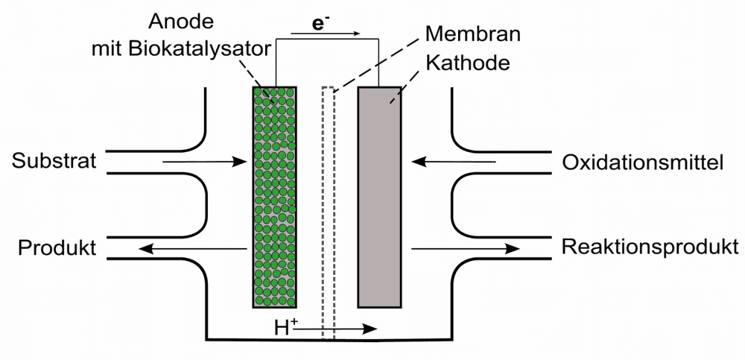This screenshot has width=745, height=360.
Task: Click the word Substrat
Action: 54,161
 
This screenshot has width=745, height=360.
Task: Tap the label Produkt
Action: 57,247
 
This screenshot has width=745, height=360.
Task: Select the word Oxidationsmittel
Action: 643,163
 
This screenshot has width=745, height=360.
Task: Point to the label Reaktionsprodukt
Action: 650,247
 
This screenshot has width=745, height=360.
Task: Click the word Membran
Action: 473,34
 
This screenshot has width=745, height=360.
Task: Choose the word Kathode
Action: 468,63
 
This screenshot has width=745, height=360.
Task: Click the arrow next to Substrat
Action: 204,162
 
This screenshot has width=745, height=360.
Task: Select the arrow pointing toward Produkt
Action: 193,248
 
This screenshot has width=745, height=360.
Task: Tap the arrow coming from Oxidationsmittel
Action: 454,162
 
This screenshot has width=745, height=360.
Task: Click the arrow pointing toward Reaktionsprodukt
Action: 466,248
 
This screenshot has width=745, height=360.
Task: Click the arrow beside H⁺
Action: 337,329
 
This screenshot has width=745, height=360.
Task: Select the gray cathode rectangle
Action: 380,197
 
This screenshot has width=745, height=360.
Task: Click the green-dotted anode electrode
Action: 275,197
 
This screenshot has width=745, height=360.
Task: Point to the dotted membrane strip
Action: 329,213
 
